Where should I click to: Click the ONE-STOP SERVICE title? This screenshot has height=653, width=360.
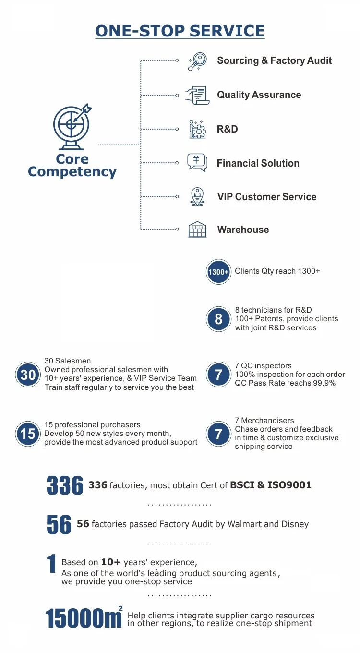pos(180,31)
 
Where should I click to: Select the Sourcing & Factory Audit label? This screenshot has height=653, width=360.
pos(274,60)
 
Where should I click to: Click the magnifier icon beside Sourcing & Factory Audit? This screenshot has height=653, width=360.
pos(197,61)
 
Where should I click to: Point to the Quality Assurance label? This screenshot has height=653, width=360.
pos(259,95)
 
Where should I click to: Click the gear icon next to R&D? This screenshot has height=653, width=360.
pos(197,129)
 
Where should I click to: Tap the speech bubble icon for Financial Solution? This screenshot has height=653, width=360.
pos(197,162)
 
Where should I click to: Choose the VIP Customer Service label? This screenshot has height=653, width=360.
pos(266,197)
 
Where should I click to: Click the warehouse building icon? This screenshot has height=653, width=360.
pos(197,230)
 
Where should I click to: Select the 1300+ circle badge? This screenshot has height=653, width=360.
pos(218,272)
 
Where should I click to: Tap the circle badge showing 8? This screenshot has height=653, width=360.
pos(218,319)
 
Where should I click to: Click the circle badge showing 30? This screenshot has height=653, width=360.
pos(28,375)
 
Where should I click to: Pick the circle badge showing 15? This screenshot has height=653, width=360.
pos(28,434)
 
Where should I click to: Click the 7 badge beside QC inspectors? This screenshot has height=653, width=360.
pos(218,375)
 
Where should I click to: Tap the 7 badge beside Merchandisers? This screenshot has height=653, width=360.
pos(218,434)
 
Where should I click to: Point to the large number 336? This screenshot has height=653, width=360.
pos(65,485)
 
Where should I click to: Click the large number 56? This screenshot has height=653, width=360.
pos(59,524)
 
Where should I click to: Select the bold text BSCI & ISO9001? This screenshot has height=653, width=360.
pos(271,485)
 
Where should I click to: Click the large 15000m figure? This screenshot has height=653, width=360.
pos(84,618)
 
